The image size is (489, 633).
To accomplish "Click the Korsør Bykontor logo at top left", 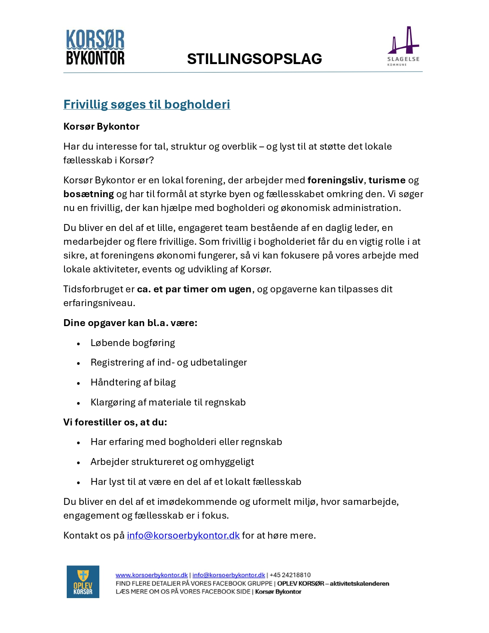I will coord(95,48).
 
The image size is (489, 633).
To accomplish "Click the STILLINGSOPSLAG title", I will coord(254,59).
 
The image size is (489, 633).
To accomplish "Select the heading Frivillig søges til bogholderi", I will coord(147,104).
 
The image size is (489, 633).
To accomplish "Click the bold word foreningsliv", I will coord(335,180).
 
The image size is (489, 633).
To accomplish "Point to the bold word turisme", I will coord(387,180).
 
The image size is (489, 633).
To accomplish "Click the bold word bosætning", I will coord(89,194).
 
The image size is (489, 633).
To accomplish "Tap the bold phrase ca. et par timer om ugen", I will coord(194,289).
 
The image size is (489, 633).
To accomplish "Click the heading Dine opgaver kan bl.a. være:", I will coord(130,323).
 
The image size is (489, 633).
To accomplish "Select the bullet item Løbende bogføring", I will coord(133,343).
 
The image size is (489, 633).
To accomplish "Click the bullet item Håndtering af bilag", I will coord(133,382).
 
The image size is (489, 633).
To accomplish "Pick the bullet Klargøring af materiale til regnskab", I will coord(168,402).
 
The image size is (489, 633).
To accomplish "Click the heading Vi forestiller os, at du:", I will coord(115,422).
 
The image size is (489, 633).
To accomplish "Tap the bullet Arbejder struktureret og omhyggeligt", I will coord(172,462).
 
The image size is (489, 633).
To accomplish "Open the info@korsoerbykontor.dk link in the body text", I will coord(183,536).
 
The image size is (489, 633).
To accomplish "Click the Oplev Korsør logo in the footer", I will coord(83,582).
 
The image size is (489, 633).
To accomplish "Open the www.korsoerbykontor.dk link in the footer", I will coord(151,575).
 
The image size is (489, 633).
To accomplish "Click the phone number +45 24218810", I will coord(290,575).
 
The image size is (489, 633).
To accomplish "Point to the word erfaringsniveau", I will coord(99,303).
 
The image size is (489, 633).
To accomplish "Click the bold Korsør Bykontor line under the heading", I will coord(101,127).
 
